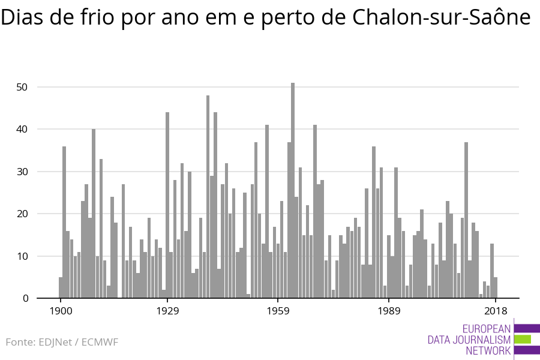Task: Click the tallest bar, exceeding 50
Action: click(x=293, y=190)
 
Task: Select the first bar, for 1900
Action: click(x=61, y=287)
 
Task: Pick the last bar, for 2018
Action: click(x=495, y=287)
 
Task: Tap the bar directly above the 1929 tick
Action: click(x=167, y=205)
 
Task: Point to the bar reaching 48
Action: click(x=208, y=197)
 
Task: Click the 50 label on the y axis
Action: click(x=22, y=87)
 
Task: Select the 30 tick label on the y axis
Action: click(x=22, y=172)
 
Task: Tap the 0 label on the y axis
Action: click(x=25, y=298)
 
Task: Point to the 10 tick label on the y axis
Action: click(x=22, y=256)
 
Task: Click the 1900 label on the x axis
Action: click(x=61, y=311)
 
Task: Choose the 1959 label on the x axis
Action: click(x=278, y=311)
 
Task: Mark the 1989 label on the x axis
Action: click(x=389, y=311)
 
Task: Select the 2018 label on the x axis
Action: click(x=496, y=311)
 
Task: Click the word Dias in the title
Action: click(x=22, y=17)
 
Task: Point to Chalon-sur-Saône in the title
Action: click(x=441, y=17)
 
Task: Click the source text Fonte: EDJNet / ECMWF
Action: click(x=62, y=342)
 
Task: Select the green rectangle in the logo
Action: click(x=523, y=340)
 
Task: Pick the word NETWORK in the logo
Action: click(x=488, y=350)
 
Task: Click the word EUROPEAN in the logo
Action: click(x=486, y=329)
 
